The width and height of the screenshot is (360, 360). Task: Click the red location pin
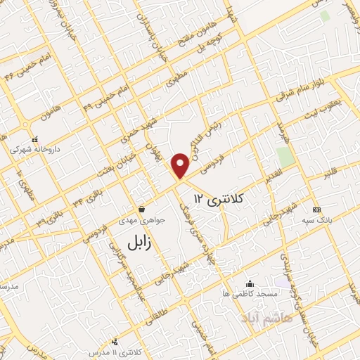[181, 165]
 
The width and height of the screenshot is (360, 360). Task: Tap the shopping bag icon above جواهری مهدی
[143, 209]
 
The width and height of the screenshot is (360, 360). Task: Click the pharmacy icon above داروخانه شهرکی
[35, 139]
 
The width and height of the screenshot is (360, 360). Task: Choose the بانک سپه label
[317, 220]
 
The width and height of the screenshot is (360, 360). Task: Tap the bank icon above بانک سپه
[317, 210]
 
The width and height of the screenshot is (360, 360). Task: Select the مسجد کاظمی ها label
[248, 292]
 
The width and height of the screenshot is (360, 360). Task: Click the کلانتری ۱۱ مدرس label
[117, 351]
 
